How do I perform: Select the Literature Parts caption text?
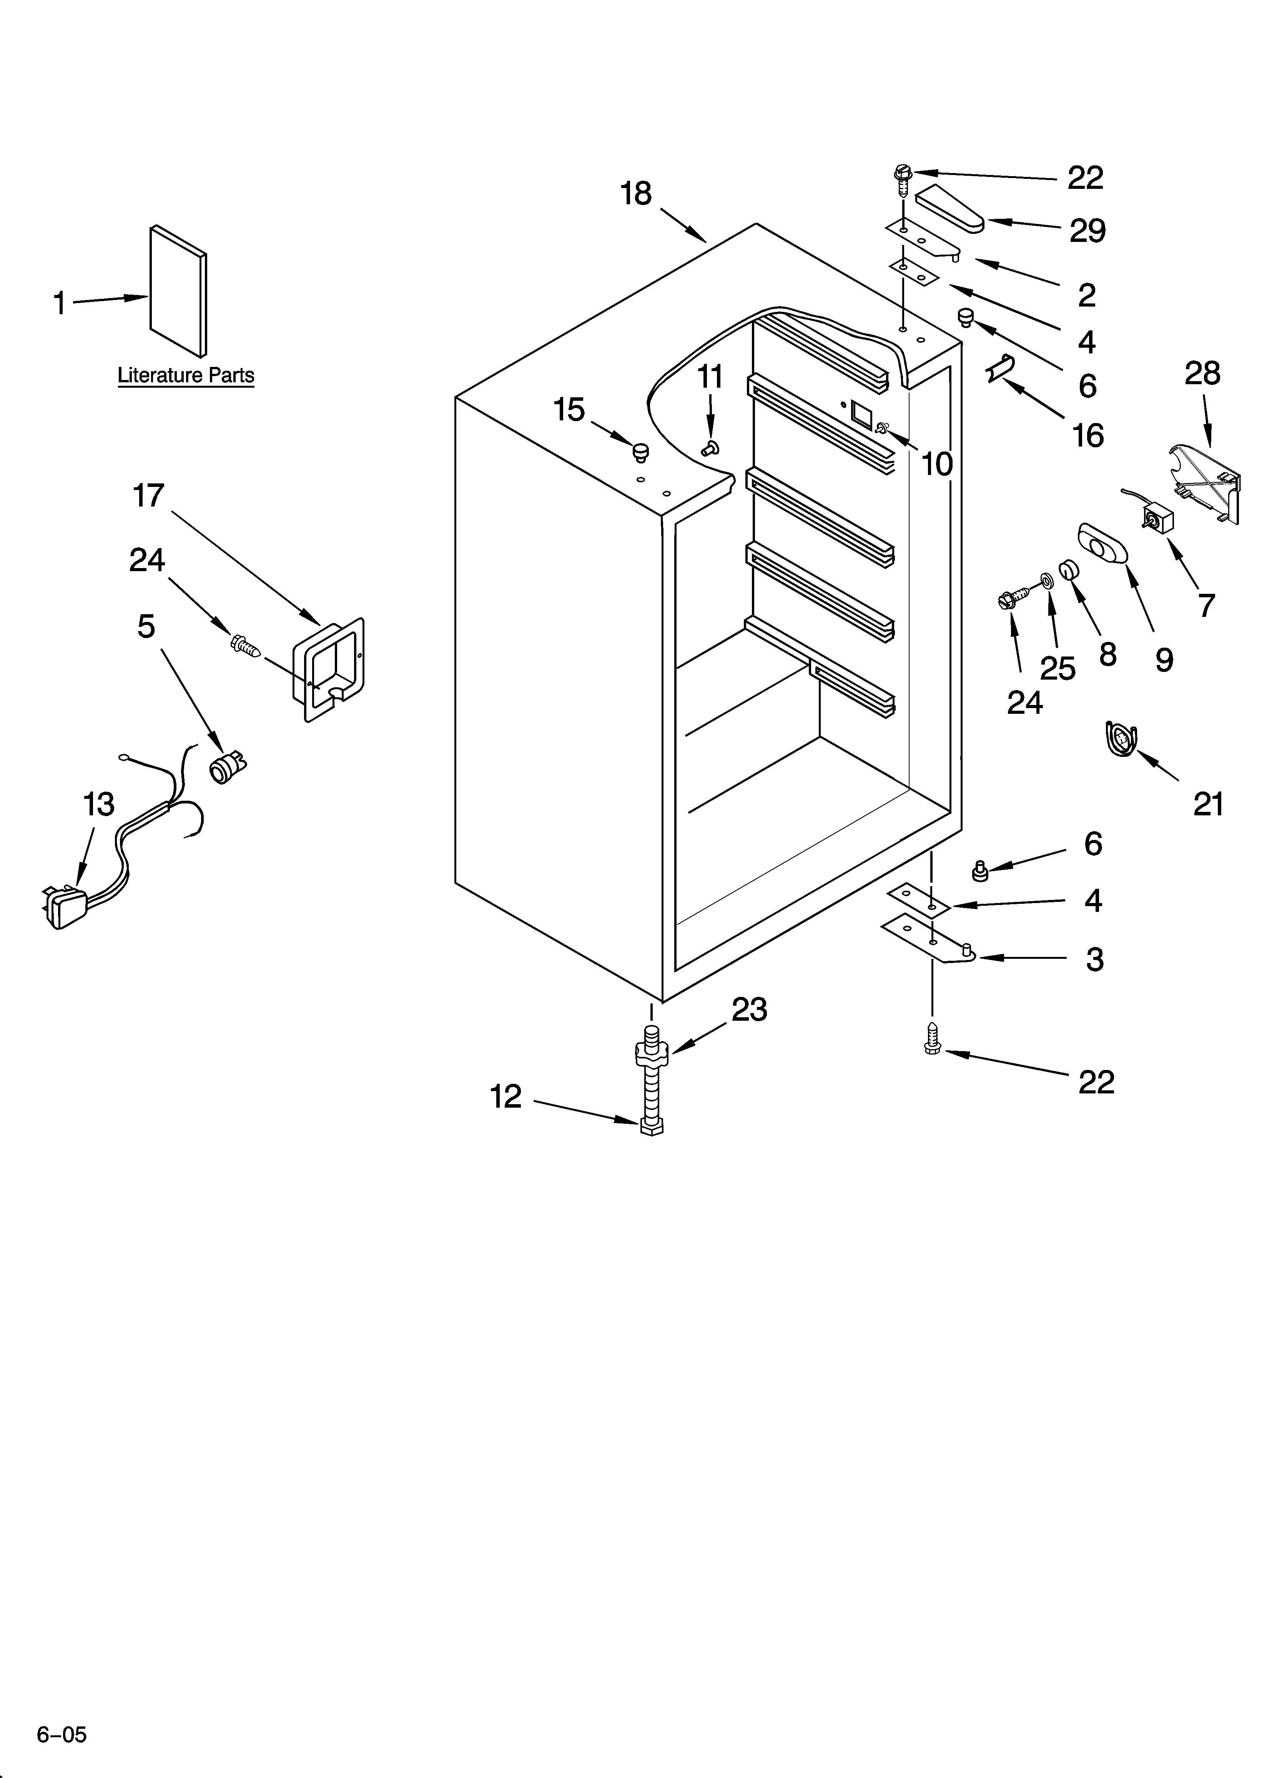point(186,375)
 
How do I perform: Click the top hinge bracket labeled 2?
point(923,239)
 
